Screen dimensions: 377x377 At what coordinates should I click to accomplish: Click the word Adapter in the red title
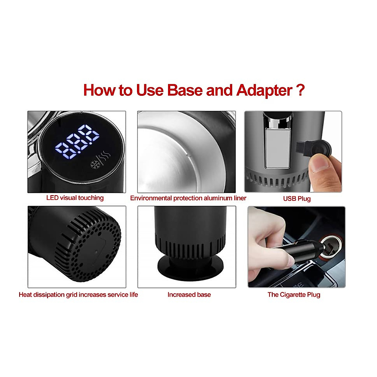click(265, 90)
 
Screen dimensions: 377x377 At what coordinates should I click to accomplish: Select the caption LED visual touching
click(75, 198)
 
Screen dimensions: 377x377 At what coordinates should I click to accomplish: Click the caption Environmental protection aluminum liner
click(188, 198)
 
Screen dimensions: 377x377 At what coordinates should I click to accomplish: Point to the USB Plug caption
click(297, 199)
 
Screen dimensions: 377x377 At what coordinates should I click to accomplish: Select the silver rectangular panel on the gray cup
click(277, 148)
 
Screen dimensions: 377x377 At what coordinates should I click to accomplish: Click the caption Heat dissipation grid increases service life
click(78, 295)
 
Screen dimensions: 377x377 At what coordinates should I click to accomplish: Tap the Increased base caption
click(189, 295)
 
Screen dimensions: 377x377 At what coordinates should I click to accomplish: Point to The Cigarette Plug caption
click(294, 295)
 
